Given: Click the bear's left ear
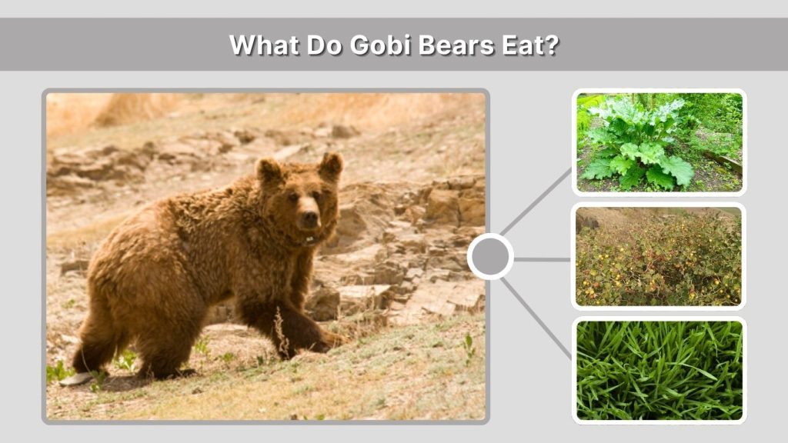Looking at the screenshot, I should [331, 165].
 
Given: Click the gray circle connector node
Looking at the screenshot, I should [490, 257].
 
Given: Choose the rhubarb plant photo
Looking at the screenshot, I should [659, 142].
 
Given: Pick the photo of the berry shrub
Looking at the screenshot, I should [659, 256].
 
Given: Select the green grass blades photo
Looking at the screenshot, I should [659, 370].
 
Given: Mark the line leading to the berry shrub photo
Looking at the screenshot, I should [543, 259].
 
